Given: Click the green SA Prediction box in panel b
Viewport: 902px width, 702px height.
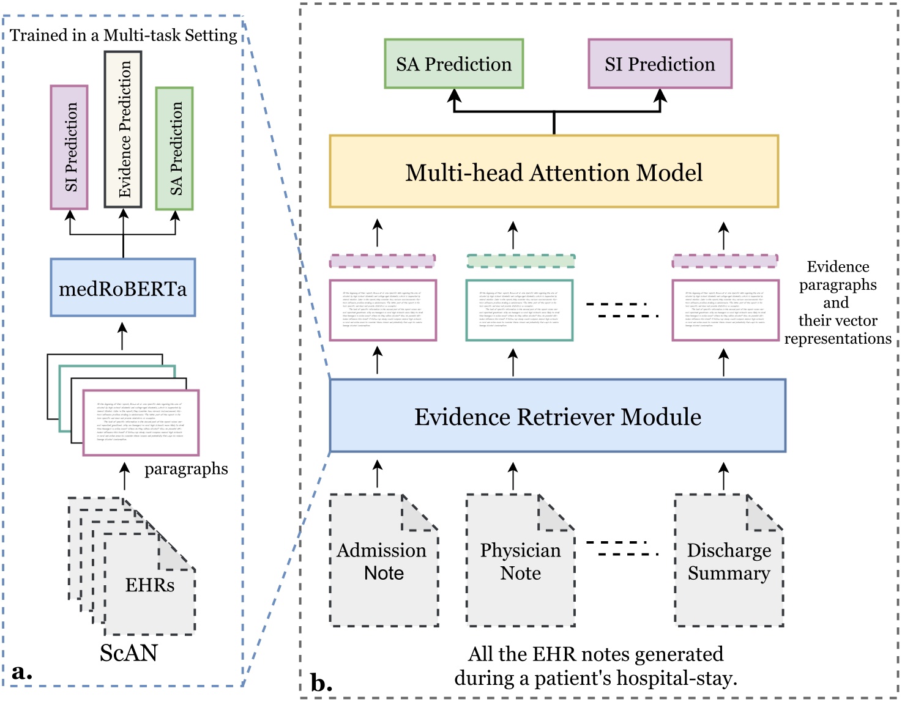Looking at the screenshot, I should (x=453, y=64).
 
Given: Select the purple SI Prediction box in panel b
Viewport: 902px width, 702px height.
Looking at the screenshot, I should (x=660, y=64).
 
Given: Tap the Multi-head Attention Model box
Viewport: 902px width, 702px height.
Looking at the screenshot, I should (x=554, y=172).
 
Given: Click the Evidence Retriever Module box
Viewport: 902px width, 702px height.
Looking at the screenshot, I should (x=557, y=416).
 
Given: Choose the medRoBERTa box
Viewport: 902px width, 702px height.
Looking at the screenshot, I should (x=123, y=287).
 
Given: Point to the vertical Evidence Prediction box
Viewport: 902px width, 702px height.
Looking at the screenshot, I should (x=123, y=129).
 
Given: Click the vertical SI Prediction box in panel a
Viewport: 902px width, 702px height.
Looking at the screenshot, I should (x=69, y=147).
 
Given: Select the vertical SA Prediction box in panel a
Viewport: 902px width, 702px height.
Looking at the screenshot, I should (x=174, y=149).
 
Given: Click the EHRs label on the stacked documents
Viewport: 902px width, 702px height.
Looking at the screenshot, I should (x=149, y=585).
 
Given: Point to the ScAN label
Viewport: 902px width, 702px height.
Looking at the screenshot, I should (x=129, y=653).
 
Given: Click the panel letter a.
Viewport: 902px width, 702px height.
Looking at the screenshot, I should (x=21, y=672).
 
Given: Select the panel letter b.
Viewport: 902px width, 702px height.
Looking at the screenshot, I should (x=321, y=682).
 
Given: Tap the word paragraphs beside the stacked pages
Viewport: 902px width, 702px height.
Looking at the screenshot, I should (x=186, y=469).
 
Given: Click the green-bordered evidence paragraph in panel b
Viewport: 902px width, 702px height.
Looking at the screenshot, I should (x=519, y=310).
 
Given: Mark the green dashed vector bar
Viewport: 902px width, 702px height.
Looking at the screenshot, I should (x=521, y=261).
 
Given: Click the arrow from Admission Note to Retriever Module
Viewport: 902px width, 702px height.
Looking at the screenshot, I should (x=378, y=475).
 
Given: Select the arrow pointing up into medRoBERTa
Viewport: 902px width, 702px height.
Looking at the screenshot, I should (x=123, y=336).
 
